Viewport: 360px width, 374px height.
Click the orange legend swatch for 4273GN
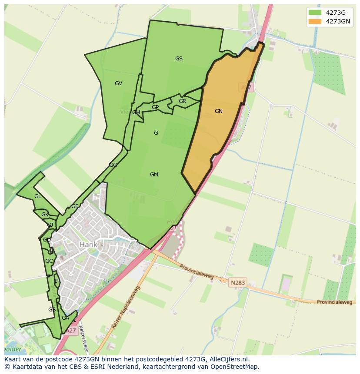(x=315, y=21)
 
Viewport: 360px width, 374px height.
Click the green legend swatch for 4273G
(x=315, y=12)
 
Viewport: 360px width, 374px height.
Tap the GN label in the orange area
(x=219, y=111)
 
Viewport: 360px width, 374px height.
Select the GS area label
(x=179, y=59)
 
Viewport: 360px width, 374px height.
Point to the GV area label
(x=118, y=83)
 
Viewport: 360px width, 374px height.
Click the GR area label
(x=182, y=101)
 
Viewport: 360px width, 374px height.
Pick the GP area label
(x=155, y=107)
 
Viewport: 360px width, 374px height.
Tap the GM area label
(x=154, y=175)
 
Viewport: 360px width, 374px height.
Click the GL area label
(x=38, y=196)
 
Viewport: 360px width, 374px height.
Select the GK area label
(x=45, y=215)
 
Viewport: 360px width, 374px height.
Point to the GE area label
(x=75, y=206)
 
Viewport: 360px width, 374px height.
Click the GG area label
(x=113, y=165)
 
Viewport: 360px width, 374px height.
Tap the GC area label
(x=49, y=261)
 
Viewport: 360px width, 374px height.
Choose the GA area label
(x=65, y=318)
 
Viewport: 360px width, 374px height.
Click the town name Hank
(x=88, y=245)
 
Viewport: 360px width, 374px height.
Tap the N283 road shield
(x=238, y=282)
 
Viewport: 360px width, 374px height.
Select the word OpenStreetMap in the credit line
(x=235, y=367)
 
